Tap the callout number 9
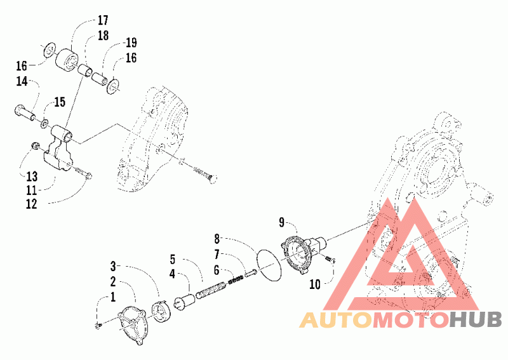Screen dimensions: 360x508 click(x=281, y=222)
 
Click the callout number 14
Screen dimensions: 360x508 click(x=22, y=81)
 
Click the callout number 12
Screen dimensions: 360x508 click(x=31, y=204)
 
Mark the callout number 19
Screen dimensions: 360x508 click(x=131, y=43)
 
